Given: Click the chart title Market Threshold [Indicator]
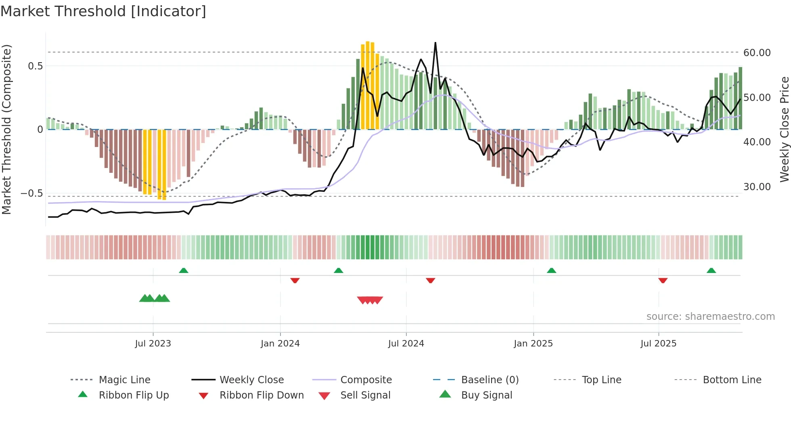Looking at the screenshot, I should [103, 11].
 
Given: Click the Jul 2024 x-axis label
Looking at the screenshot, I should [406, 344].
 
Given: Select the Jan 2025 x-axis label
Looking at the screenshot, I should [533, 344].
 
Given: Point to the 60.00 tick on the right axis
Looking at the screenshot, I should [757, 53].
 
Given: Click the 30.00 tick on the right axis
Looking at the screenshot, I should [757, 187].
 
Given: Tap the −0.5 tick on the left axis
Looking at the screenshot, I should [32, 193].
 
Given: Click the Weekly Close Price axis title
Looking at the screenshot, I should [784, 129].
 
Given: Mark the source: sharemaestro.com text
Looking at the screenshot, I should [710, 317].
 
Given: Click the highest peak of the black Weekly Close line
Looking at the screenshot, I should [435, 43].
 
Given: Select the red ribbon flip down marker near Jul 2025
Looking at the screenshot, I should [663, 280].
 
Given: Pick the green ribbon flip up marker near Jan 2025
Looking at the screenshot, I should [551, 271].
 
